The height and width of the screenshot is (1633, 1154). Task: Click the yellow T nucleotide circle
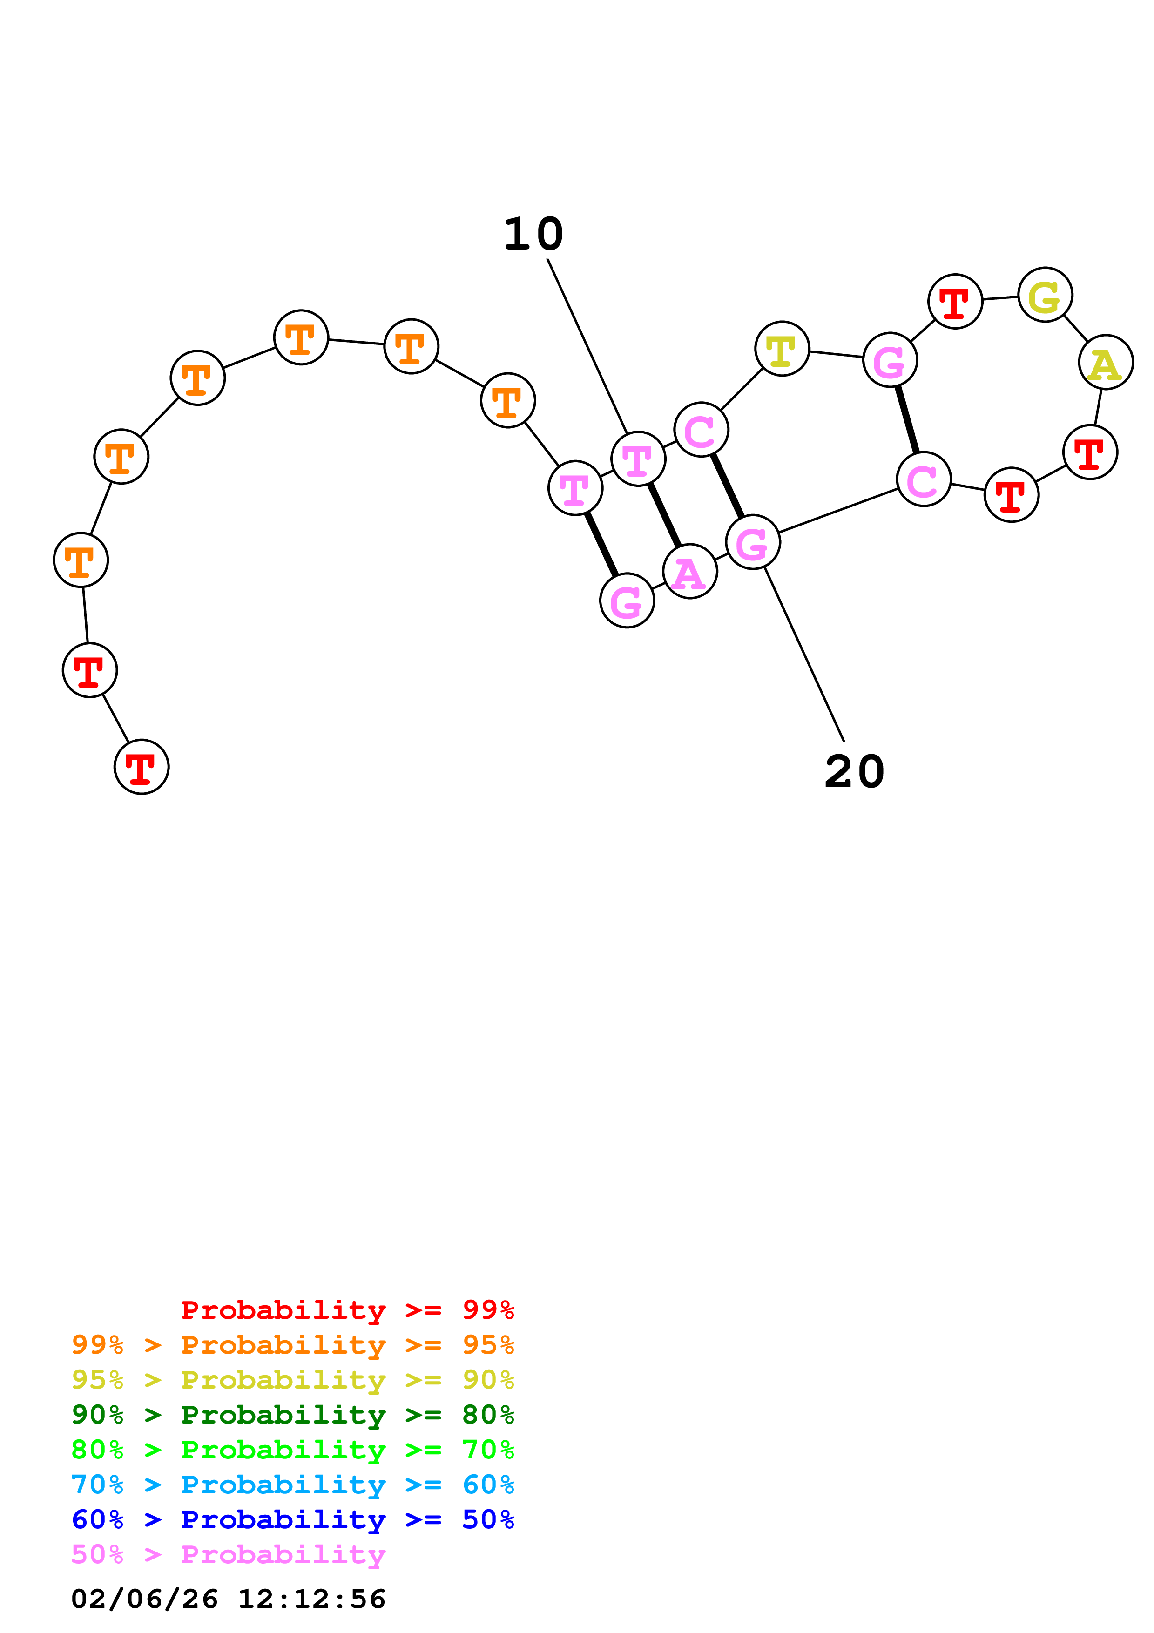[782, 349]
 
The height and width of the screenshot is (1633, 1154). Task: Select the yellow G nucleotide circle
[1045, 295]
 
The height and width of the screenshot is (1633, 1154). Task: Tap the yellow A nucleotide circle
[1106, 362]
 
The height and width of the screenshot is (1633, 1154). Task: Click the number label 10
[533, 234]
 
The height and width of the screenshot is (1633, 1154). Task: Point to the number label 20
[854, 772]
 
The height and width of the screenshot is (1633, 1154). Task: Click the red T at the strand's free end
[142, 767]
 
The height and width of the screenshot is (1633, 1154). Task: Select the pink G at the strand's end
[627, 601]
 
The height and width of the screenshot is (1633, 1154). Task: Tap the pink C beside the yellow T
[701, 430]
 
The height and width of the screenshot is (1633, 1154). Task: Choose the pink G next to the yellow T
[890, 360]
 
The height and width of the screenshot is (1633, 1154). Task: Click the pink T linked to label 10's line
[638, 459]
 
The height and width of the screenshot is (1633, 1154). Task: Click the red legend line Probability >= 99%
[347, 1310]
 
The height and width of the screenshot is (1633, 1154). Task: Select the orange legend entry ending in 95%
[292, 1345]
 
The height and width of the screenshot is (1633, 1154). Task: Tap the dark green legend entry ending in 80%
[292, 1415]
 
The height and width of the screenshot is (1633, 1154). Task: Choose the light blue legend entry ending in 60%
[292, 1485]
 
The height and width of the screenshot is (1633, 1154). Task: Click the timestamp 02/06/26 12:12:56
[228, 1599]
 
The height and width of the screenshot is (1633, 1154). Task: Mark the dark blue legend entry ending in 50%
[292, 1519]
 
